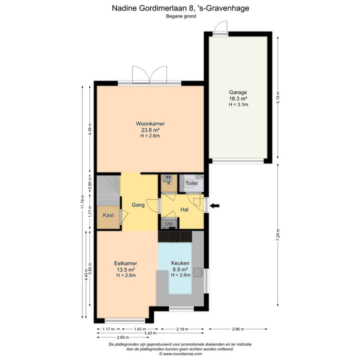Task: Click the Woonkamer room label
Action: click(x=150, y=123)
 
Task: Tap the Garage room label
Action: click(x=238, y=92)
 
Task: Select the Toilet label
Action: click(x=191, y=183)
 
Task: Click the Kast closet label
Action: click(x=108, y=215)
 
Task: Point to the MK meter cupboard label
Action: click(x=169, y=224)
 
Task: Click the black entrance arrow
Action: click(x=214, y=205)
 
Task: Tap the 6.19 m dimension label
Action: click(x=278, y=97)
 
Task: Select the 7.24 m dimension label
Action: click(x=278, y=234)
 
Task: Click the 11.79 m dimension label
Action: click(x=82, y=201)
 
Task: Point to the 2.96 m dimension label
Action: click(x=238, y=329)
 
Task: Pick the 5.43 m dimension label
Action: click(x=150, y=333)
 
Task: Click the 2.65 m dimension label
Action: click(x=123, y=337)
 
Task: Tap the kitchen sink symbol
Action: click(x=198, y=272)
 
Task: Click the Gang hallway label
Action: click(x=138, y=204)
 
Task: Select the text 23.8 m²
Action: click(x=150, y=130)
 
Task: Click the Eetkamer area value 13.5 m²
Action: click(x=125, y=269)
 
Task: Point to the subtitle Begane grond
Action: click(x=181, y=16)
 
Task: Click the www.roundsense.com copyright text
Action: click(x=180, y=354)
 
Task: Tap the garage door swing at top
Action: click(x=220, y=27)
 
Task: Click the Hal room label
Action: click(x=184, y=209)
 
